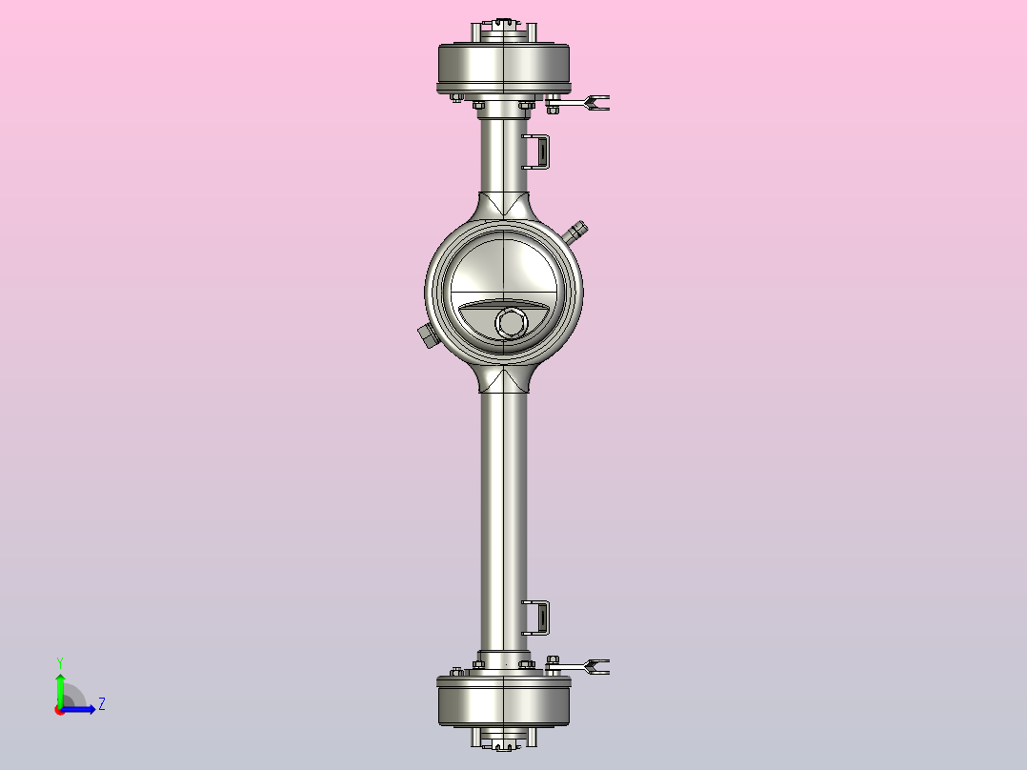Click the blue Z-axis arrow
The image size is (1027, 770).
point(81,709)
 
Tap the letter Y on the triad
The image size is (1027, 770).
point(60,661)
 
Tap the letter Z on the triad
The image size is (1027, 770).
point(101,705)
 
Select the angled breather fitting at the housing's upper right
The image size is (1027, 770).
point(575,231)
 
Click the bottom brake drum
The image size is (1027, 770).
point(502,702)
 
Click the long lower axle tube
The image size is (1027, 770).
point(503,515)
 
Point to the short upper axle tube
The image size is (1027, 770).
point(503,152)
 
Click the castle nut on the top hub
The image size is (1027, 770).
point(503,24)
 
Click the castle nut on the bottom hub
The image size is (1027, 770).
point(503,740)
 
